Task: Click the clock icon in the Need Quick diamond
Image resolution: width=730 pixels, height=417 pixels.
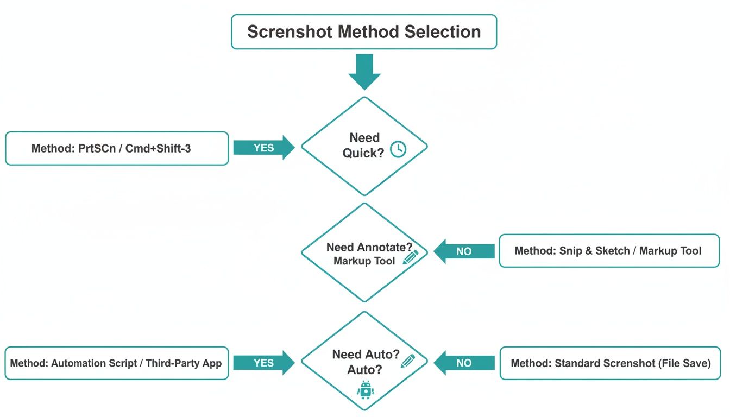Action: pos(398,149)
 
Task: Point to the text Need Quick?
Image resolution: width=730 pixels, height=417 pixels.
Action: pos(363,146)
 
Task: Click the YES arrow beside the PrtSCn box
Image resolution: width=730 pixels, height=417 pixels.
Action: pos(264,148)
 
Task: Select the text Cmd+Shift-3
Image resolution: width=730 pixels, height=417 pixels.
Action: pos(158,148)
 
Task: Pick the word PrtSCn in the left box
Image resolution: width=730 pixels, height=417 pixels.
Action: pos(97,148)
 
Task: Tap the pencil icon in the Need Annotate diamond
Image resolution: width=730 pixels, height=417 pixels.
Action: pos(411,257)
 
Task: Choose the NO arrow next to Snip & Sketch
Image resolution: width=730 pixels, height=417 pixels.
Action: pos(464,251)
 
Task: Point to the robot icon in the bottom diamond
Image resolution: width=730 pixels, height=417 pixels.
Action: pos(365,390)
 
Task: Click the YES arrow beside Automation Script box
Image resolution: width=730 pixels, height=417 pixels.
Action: pos(264,363)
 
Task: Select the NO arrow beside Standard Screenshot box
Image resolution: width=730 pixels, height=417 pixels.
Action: pos(464,363)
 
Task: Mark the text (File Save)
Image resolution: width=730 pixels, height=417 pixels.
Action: pos(684,363)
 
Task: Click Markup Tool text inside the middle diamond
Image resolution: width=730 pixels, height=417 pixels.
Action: pos(364,261)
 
